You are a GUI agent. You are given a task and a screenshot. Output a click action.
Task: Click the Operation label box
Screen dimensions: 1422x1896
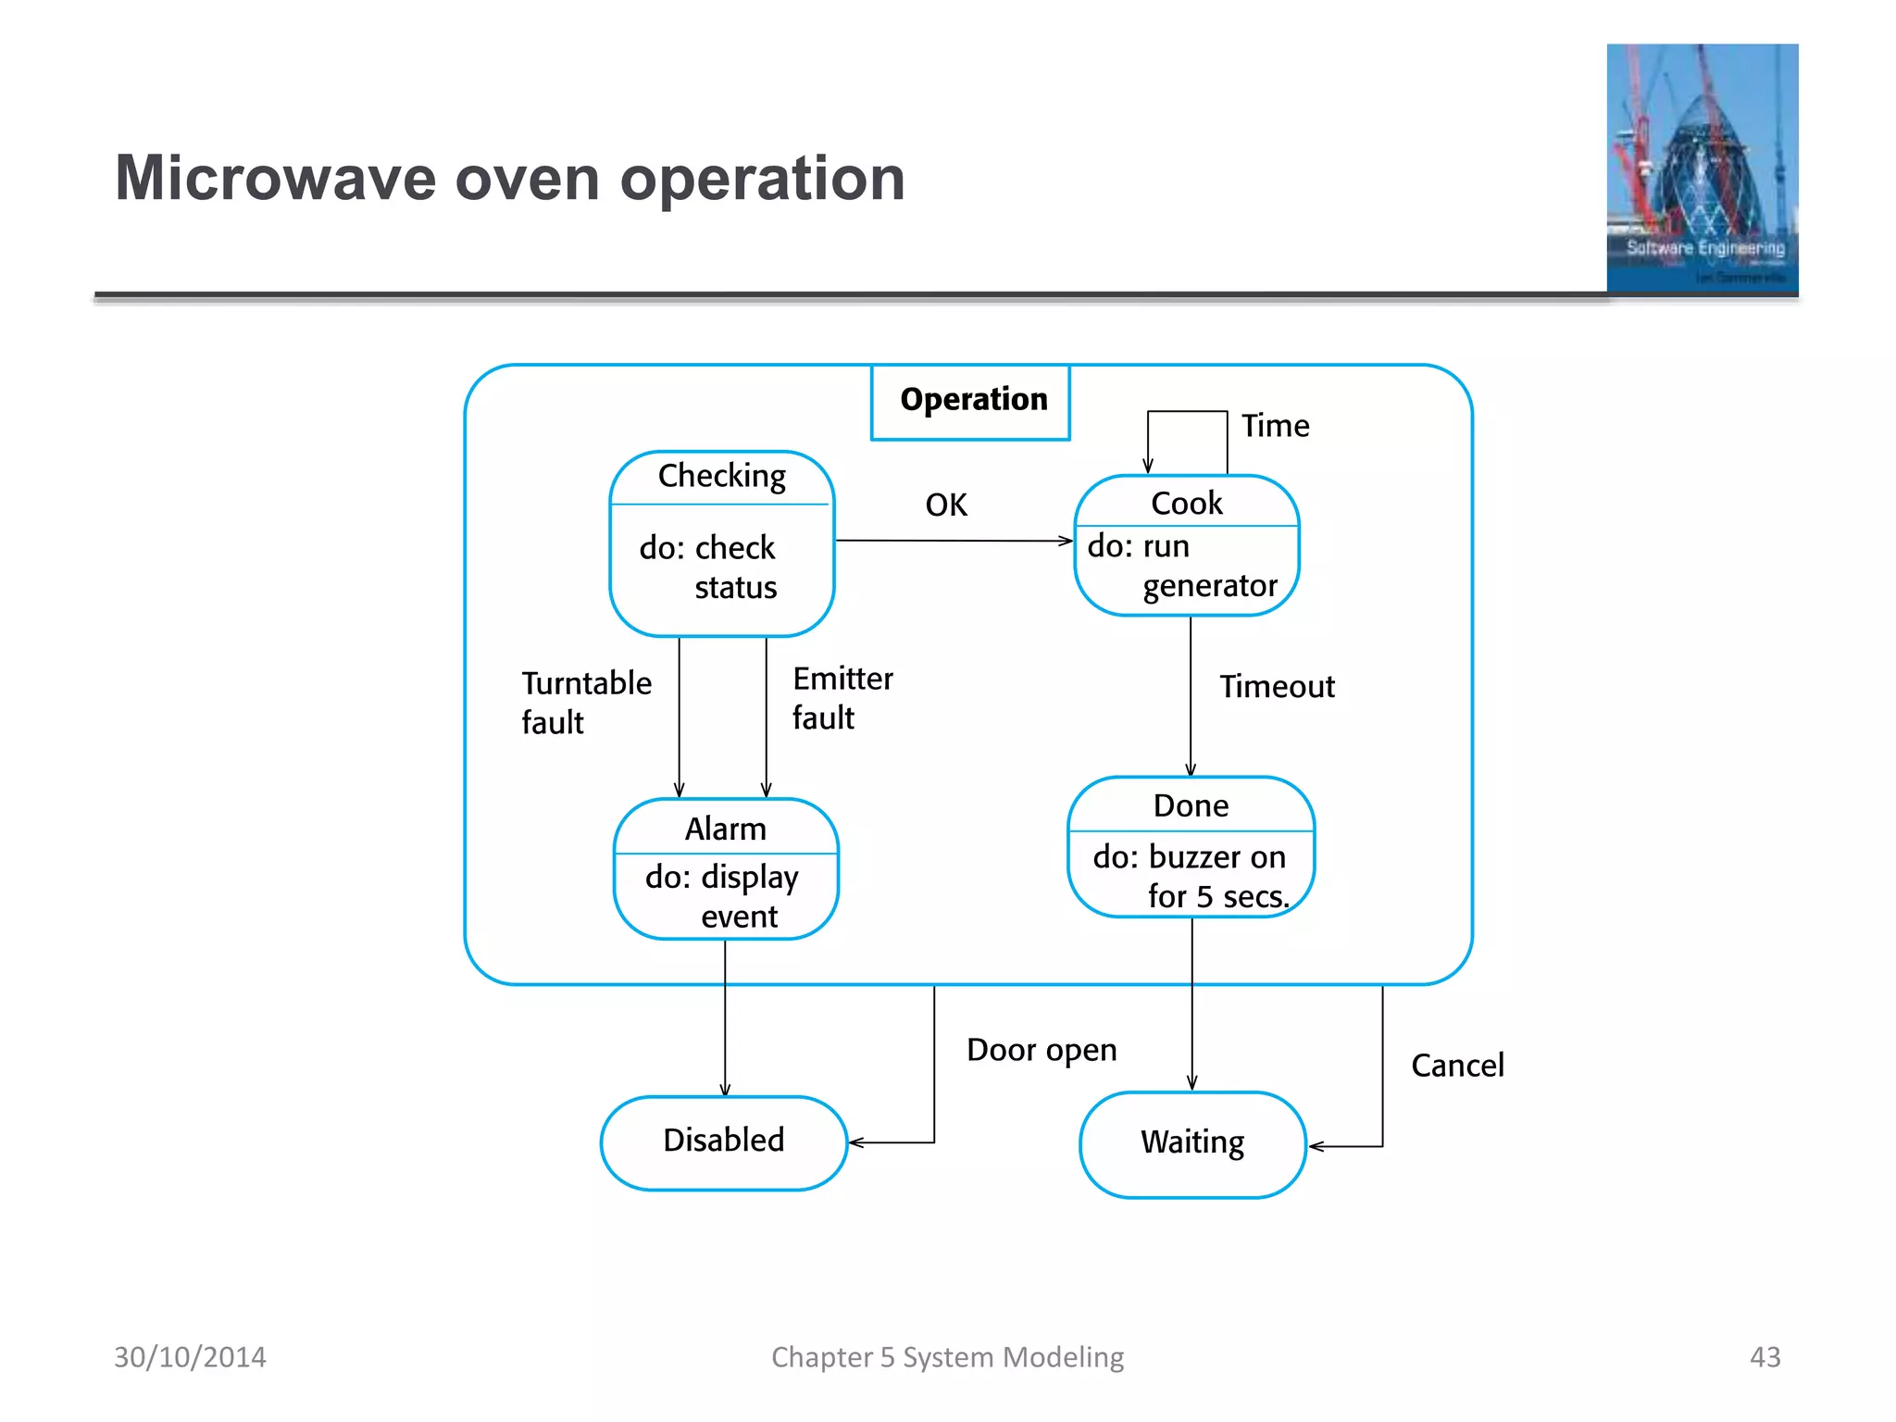(971, 401)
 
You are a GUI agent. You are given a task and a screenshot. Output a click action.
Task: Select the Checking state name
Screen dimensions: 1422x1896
(721, 476)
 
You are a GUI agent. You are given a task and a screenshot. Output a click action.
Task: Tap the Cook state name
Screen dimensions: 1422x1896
(1186, 503)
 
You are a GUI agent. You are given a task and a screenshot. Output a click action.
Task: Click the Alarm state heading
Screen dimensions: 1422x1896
(725, 829)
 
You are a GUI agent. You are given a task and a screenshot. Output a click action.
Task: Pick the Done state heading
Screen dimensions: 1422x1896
(1191, 805)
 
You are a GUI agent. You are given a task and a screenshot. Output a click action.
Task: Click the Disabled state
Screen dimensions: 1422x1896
(723, 1141)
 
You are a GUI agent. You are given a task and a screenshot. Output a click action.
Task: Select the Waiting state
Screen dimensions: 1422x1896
(1192, 1142)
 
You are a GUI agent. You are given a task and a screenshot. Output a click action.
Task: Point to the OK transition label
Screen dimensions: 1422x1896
(946, 505)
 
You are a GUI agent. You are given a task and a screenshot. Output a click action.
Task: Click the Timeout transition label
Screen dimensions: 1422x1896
(1277, 687)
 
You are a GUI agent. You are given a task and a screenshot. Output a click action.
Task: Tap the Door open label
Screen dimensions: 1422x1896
(1042, 1050)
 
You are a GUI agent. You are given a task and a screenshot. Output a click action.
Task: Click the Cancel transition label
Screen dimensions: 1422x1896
(1457, 1066)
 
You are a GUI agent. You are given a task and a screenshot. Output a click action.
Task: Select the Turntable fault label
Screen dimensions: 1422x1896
(585, 703)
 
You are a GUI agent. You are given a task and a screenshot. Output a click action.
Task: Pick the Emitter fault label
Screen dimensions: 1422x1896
(842, 698)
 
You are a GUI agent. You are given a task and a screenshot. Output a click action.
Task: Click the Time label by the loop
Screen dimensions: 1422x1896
(1275, 426)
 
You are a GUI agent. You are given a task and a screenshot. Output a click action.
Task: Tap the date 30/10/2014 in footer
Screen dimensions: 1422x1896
(190, 1357)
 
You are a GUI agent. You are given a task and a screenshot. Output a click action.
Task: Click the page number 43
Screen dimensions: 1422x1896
(1765, 1357)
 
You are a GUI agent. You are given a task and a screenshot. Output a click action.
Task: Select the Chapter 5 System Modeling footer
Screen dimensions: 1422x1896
(947, 1357)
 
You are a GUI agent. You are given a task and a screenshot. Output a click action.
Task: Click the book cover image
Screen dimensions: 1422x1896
(1702, 168)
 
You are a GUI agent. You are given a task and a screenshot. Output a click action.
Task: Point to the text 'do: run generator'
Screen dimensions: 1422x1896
(1182, 567)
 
